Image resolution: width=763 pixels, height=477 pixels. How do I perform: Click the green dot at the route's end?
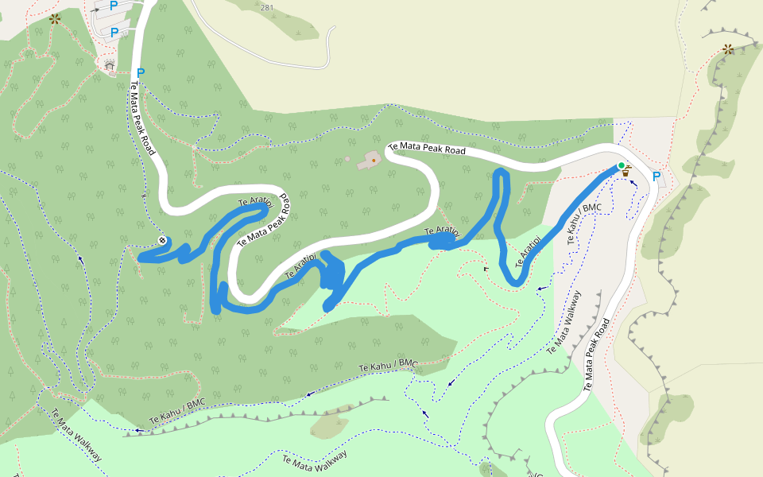[621, 165]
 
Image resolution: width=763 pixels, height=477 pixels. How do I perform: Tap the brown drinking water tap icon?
[626, 171]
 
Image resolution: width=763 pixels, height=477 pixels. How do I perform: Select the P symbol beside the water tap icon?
[656, 176]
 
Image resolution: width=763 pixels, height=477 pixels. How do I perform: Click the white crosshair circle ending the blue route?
[162, 240]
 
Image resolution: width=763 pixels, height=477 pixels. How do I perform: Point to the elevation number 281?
[266, 8]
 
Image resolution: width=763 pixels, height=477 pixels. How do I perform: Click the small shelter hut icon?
[109, 65]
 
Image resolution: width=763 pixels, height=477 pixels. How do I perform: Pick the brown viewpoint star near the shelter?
[55, 18]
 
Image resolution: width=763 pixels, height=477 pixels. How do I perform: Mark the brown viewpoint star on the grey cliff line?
[728, 49]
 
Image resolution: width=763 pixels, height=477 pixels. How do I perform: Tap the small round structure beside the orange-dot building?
[347, 159]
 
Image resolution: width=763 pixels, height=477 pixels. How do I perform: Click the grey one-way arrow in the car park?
[96, 10]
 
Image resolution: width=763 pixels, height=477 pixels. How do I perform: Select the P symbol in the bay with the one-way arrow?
[114, 5]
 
